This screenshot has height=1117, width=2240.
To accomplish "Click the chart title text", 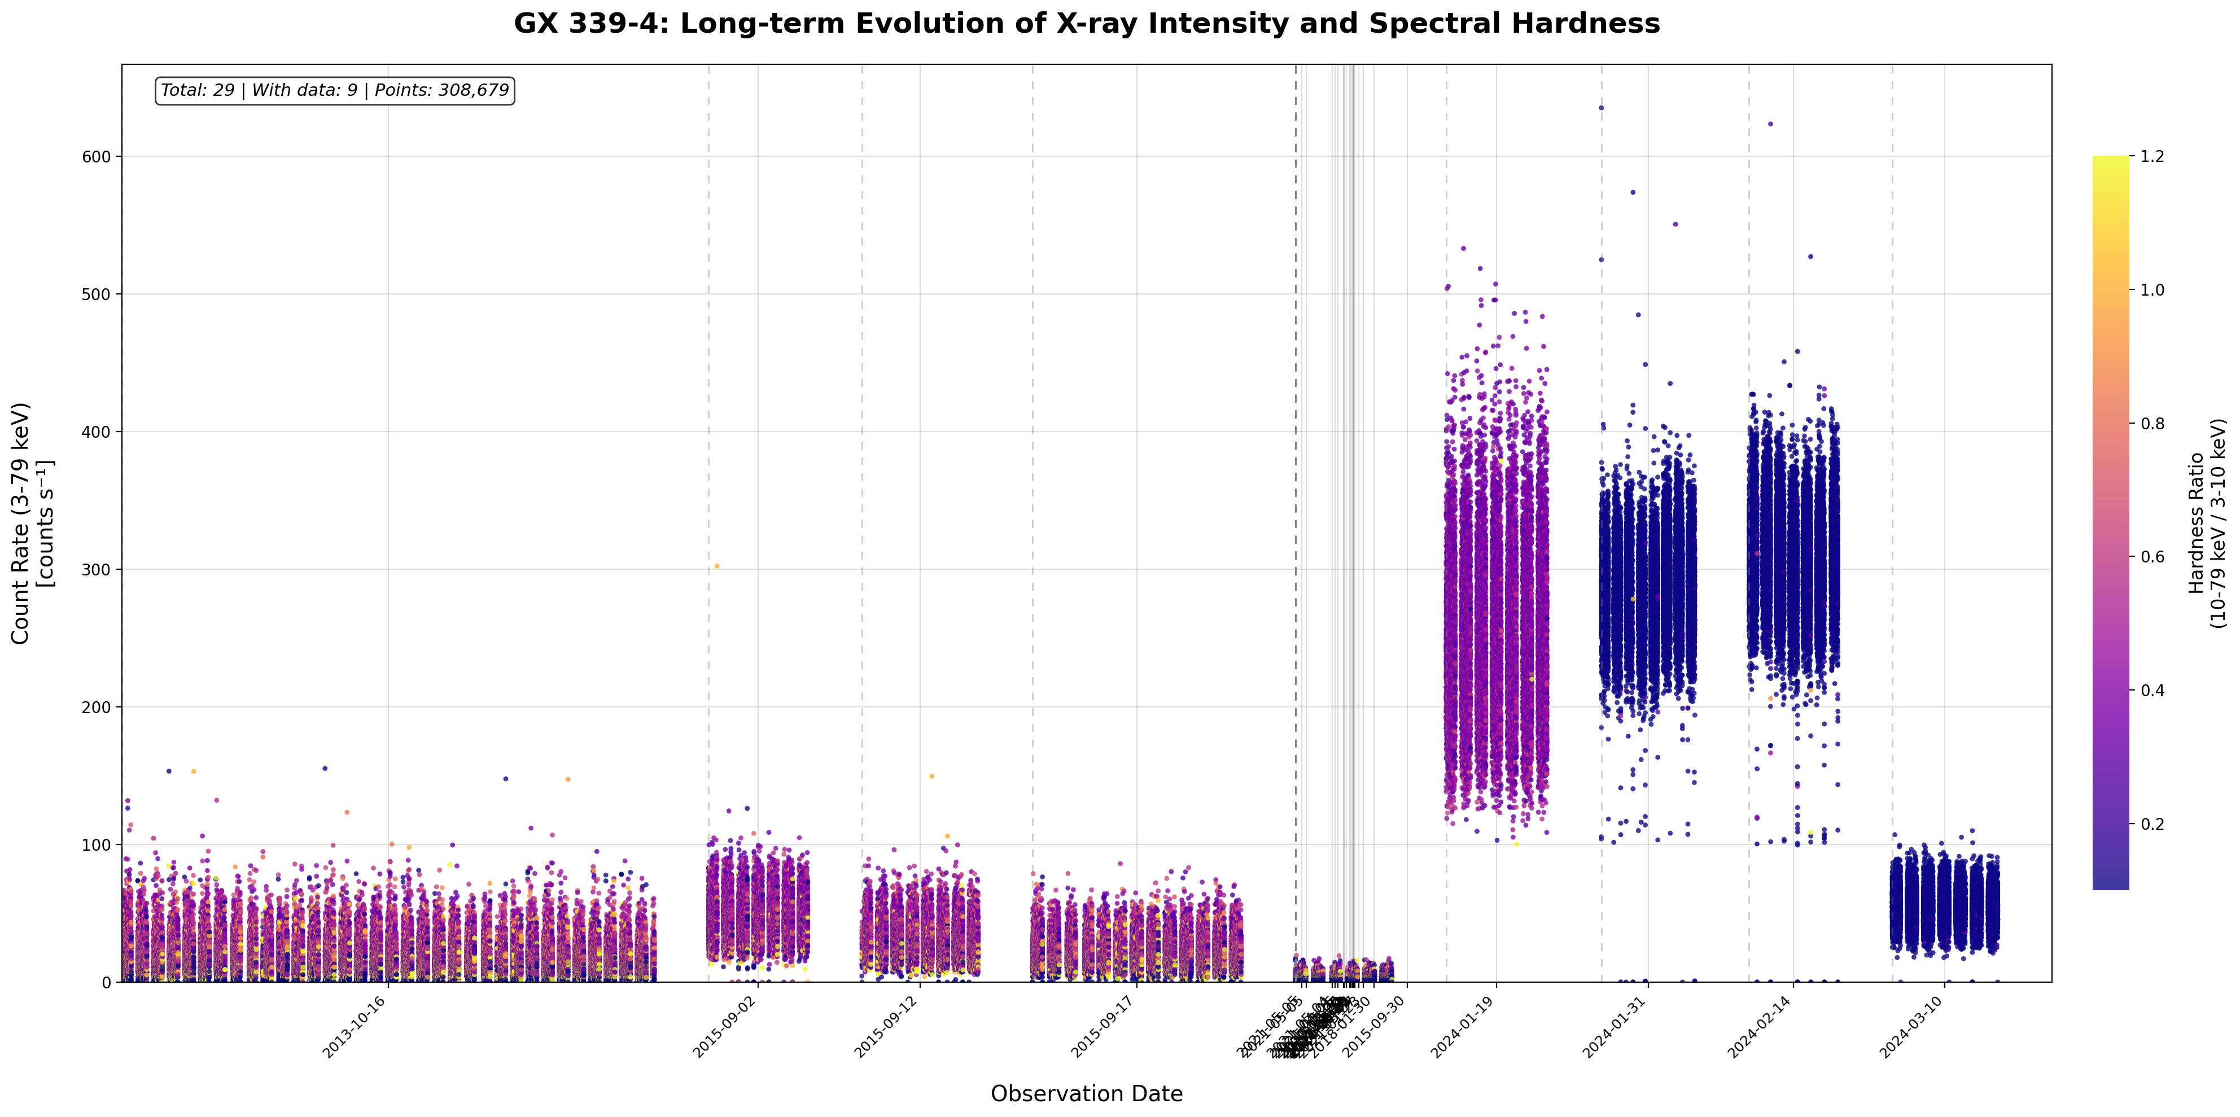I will point(1086,24).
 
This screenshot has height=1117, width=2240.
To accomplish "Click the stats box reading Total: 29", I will point(335,90).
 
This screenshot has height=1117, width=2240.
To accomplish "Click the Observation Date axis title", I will point(1086,1093).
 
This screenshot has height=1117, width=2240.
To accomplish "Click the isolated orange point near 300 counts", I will point(716,566).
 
